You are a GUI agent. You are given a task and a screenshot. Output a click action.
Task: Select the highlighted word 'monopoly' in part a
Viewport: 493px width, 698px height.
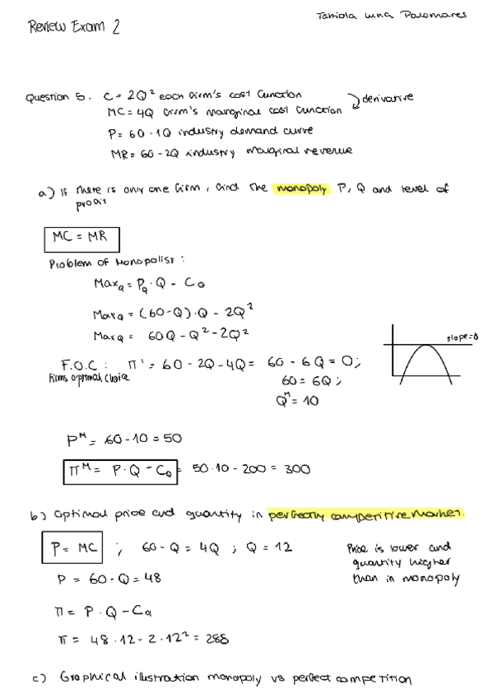click(x=304, y=188)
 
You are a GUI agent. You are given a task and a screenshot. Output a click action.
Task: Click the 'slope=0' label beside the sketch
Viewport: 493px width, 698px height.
click(x=463, y=337)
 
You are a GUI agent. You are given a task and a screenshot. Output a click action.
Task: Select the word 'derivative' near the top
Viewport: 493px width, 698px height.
click(x=387, y=97)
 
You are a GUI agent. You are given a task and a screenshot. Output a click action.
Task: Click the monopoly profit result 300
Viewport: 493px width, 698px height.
click(x=297, y=469)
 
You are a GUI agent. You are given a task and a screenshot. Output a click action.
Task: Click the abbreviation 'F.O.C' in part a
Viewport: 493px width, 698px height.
click(x=85, y=365)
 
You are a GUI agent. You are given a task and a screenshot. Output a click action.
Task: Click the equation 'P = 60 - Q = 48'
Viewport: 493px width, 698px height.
click(x=108, y=578)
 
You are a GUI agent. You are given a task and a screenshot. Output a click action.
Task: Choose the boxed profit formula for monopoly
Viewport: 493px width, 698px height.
click(x=124, y=470)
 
